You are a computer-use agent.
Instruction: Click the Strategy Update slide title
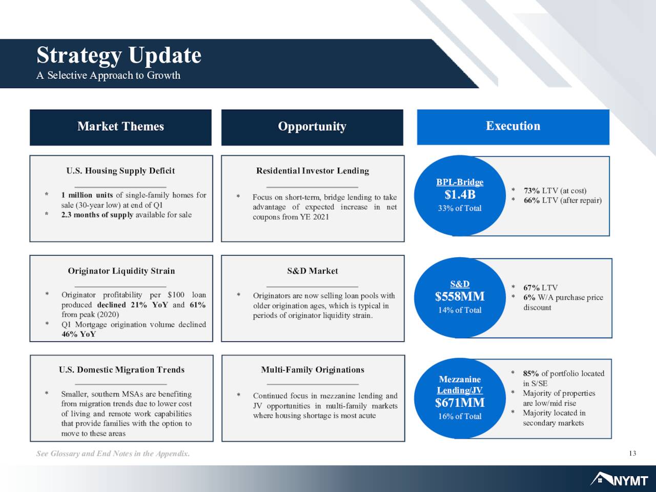pyautogui.click(x=119, y=56)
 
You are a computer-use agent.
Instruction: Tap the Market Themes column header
pyautogui.click(x=121, y=127)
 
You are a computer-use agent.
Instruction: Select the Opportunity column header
pyautogui.click(x=312, y=127)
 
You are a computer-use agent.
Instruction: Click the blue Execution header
pyautogui.click(x=513, y=126)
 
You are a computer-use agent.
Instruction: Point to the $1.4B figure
pyautogui.click(x=460, y=195)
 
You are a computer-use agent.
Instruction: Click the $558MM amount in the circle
pyautogui.click(x=460, y=296)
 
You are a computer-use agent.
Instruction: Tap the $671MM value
pyautogui.click(x=460, y=403)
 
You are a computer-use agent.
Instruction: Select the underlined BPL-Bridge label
pyautogui.click(x=460, y=182)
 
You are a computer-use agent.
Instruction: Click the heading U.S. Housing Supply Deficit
pyautogui.click(x=120, y=171)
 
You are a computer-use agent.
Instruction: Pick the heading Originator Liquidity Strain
pyautogui.click(x=121, y=271)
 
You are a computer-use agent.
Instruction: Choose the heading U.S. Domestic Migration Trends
pyautogui.click(x=121, y=370)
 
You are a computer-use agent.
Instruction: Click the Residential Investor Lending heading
pyautogui.click(x=313, y=171)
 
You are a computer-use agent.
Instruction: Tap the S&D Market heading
pyautogui.click(x=313, y=271)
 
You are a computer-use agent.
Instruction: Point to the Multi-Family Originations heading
pyautogui.click(x=313, y=370)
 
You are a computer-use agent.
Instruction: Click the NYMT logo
pyautogui.click(x=619, y=480)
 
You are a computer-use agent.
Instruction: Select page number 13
pyautogui.click(x=632, y=454)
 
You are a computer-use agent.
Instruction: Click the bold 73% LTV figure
pyautogui.click(x=531, y=191)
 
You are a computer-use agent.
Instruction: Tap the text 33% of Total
pyautogui.click(x=460, y=208)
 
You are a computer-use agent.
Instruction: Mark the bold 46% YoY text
pyautogui.click(x=78, y=334)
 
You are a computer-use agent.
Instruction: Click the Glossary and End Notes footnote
pyautogui.click(x=113, y=454)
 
